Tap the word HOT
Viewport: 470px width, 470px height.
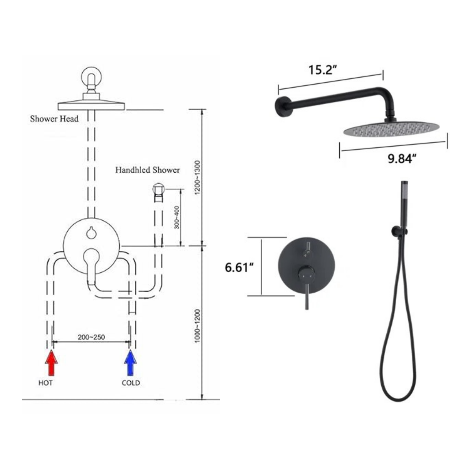pyautogui.click(x=45, y=383)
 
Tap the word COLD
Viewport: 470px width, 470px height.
pyautogui.click(x=131, y=383)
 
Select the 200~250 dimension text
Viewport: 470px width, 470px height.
pyautogui.click(x=91, y=337)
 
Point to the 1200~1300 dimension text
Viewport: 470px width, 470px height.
pyautogui.click(x=197, y=177)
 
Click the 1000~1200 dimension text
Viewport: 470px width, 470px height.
pyautogui.click(x=197, y=326)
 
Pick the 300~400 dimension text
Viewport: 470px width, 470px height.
pyautogui.click(x=177, y=217)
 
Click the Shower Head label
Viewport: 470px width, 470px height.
pyautogui.click(x=54, y=119)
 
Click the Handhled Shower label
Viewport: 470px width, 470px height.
pyautogui.click(x=148, y=170)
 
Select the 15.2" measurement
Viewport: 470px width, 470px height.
pyautogui.click(x=322, y=70)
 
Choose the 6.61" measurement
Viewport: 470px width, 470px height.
pyautogui.click(x=239, y=268)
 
